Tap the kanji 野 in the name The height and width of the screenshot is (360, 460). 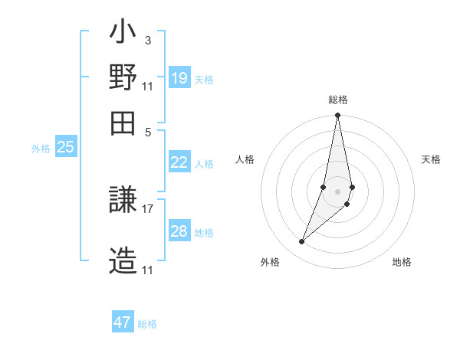click(123, 77)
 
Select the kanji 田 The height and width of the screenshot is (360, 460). click(123, 122)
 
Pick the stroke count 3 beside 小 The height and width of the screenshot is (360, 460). click(148, 41)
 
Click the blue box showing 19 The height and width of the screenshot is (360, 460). click(179, 78)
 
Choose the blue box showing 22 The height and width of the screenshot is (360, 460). click(179, 162)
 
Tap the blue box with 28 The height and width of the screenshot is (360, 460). click(179, 231)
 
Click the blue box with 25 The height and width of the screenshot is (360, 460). click(65, 147)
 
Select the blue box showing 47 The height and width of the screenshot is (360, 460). click(123, 322)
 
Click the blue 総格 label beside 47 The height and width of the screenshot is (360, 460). click(148, 324)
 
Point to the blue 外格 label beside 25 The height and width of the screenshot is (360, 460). click(41, 149)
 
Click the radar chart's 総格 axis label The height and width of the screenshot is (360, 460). click(337, 100)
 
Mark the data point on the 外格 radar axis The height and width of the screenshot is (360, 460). click(302, 242)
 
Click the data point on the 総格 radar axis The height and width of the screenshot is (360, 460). click(337, 116)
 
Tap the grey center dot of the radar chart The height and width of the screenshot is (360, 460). click(337, 191)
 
